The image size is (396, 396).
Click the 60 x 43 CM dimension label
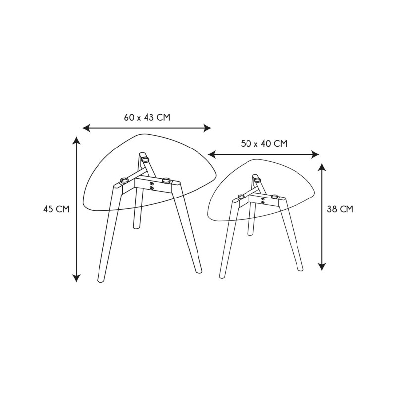147,118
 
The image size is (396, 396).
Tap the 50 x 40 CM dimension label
264,144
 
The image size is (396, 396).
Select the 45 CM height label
56,209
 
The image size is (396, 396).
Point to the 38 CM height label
340,209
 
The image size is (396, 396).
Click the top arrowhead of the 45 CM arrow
76,141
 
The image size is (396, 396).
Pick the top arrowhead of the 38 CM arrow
322,168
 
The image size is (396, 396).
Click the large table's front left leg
109,233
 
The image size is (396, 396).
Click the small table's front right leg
292,235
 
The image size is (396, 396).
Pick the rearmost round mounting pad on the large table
145,159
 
